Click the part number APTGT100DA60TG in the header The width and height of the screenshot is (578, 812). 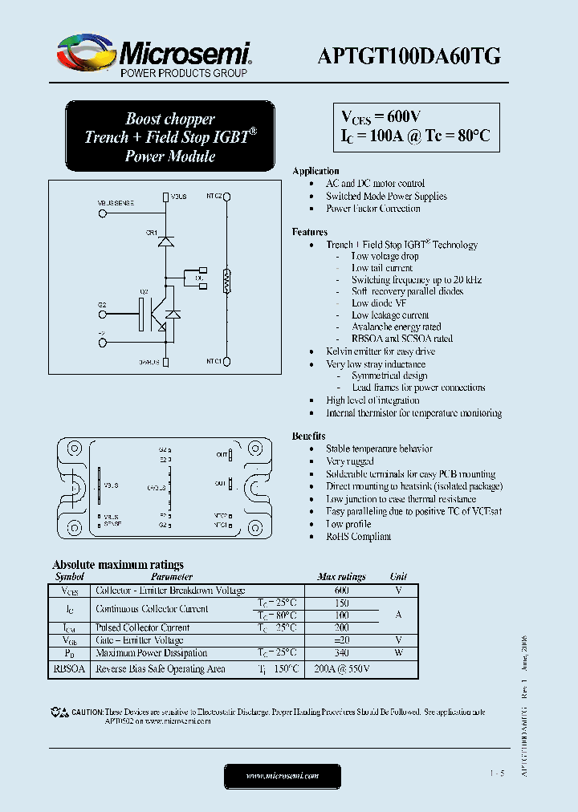[410, 55]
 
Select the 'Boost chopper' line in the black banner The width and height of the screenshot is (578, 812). [169, 119]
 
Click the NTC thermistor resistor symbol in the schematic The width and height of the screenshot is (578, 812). [227, 281]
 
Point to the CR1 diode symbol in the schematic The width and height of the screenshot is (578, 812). [165, 240]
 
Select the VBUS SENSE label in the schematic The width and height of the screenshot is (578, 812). [116, 204]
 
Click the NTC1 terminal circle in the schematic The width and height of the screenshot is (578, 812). [228, 362]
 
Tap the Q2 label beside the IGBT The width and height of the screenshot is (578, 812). [144, 291]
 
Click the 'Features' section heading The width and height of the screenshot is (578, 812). [310, 232]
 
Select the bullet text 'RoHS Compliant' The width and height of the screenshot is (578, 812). [358, 536]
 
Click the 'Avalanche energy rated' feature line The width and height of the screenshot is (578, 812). [396, 327]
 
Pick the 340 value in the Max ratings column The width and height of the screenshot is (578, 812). [341, 653]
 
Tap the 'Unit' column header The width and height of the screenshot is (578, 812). [398, 576]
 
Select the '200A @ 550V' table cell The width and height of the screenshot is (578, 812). [341, 668]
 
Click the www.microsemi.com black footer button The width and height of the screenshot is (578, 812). [282, 776]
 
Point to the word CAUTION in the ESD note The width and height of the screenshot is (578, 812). [87, 712]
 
